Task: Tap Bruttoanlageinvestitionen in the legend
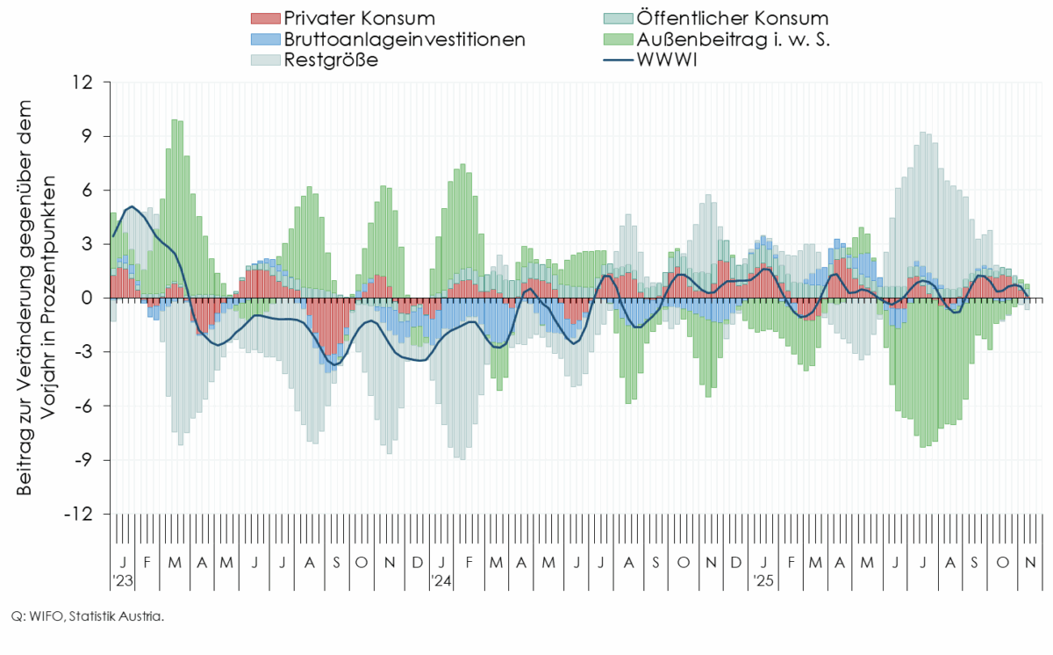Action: point(405,40)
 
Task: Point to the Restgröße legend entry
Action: point(332,61)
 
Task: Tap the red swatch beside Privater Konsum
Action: point(265,18)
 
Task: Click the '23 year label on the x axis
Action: point(123,580)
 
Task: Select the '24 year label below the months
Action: point(441,580)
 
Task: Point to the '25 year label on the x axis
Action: point(763,580)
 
